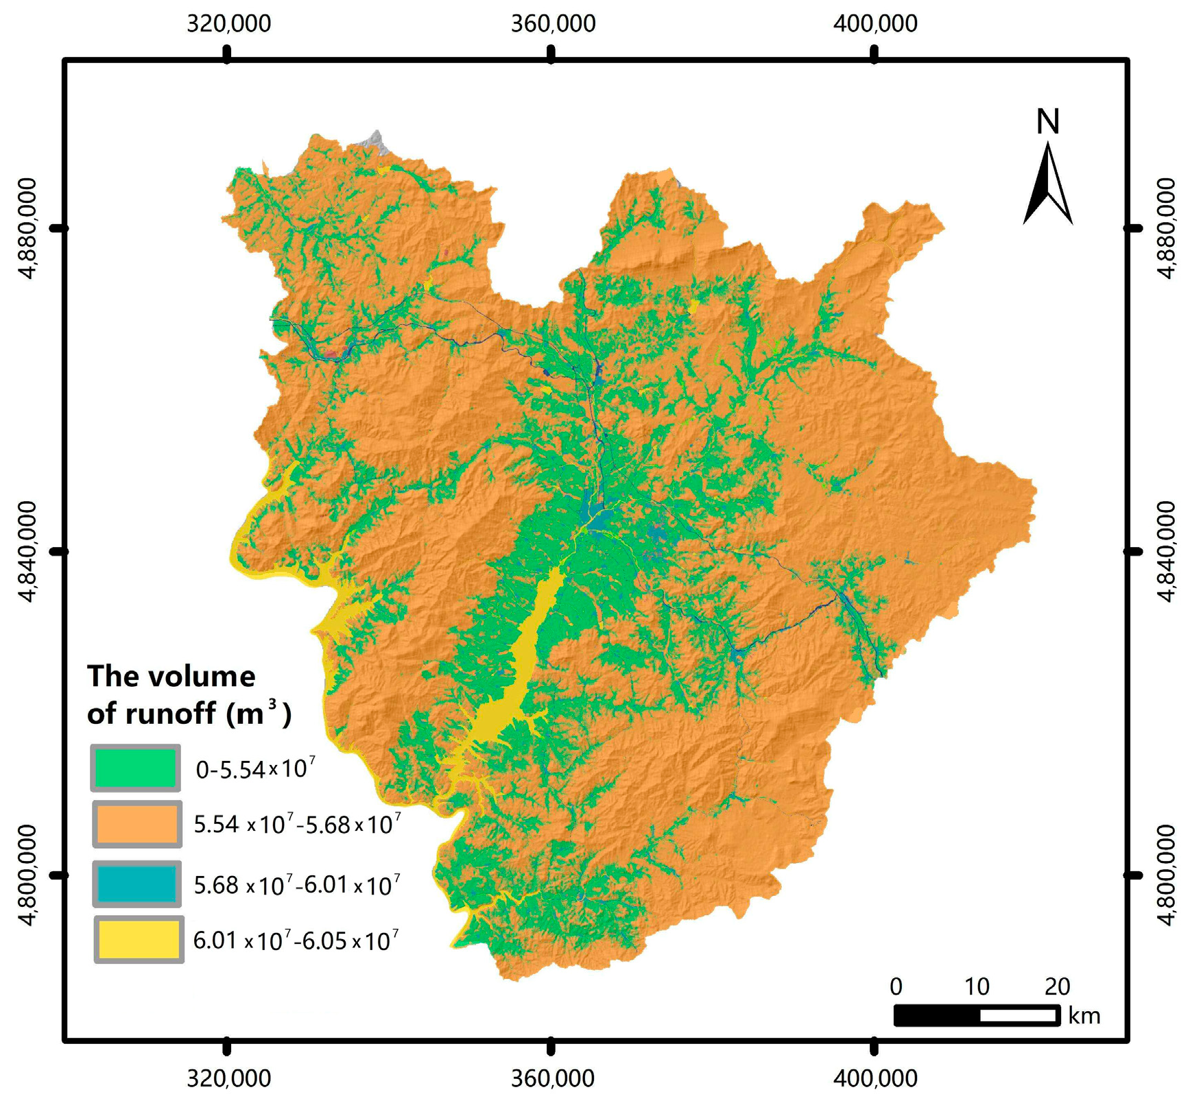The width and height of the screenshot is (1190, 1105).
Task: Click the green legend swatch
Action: coord(136,768)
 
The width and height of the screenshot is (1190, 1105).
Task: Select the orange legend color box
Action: coord(136,823)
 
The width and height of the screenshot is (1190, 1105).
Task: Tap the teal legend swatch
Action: coord(136,884)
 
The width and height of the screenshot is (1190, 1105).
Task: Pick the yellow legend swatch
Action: coord(139,939)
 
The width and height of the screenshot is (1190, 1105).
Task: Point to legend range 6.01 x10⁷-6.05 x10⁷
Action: coord(296,940)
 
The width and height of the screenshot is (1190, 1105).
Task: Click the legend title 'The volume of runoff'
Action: coord(188,694)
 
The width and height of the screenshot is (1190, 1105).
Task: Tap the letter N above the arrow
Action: coord(1047,122)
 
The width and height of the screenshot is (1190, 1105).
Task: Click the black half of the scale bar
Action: coord(937,1015)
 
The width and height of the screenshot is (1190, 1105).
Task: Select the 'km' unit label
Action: coord(1084,1015)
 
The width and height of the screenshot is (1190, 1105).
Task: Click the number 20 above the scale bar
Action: coord(1057,986)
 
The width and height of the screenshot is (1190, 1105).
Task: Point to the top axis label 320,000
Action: coord(228,23)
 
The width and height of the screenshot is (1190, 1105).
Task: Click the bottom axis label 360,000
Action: coord(552,1078)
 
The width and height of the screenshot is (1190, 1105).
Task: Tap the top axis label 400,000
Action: coord(875,23)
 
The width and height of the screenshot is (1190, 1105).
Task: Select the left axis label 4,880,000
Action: coord(27,228)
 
